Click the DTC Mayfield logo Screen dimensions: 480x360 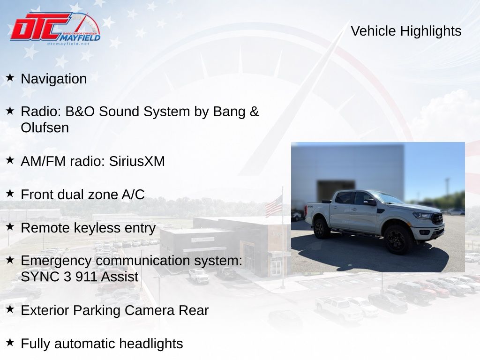pyautogui.click(x=55, y=29)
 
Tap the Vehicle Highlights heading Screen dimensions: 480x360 pyautogui.click(x=406, y=31)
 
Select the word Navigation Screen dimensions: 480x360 pyautogui.click(x=54, y=79)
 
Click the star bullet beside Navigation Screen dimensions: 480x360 pyautogui.click(x=10, y=77)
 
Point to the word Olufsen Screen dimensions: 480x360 pyautogui.click(x=45, y=127)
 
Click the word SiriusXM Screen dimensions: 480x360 pyautogui.click(x=137, y=161)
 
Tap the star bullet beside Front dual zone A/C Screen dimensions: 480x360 pyautogui.click(x=10, y=193)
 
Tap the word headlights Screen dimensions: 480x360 pyautogui.click(x=151, y=344)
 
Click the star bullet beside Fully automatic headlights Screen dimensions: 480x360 pyautogui.click(x=10, y=342)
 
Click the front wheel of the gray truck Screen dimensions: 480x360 pyautogui.click(x=397, y=240)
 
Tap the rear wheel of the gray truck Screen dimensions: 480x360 pyautogui.click(x=322, y=228)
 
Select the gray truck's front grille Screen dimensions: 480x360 pyautogui.click(x=437, y=218)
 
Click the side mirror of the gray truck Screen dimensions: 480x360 pyautogui.click(x=370, y=202)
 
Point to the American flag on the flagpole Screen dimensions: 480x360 pyautogui.click(x=273, y=206)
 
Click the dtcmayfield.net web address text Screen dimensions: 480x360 pyautogui.click(x=68, y=44)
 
